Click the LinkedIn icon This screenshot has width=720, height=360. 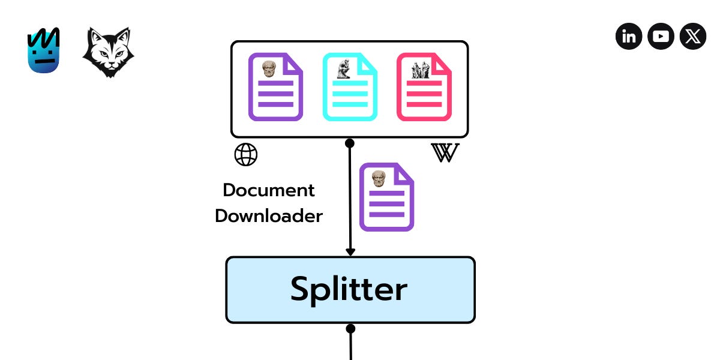point(629,37)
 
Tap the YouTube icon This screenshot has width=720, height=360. point(661,37)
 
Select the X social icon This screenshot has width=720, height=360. point(693,37)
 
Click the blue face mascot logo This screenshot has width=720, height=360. point(43,52)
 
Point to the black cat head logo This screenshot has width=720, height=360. point(108,52)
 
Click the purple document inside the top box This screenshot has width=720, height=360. point(275,88)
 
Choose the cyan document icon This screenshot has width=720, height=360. point(350,88)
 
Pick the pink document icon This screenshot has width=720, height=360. point(424,88)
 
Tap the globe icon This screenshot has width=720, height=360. point(245,155)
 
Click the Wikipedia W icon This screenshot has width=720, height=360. point(445,153)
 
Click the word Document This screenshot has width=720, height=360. point(269,190)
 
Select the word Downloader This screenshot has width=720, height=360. point(269,216)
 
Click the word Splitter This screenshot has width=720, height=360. point(349,289)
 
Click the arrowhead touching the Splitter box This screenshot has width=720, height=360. point(350,252)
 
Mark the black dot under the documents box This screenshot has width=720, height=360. point(350,143)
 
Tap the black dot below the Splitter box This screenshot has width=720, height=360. point(350,329)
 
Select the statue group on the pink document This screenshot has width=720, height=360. point(418,70)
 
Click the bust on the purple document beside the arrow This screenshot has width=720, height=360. point(379,178)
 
